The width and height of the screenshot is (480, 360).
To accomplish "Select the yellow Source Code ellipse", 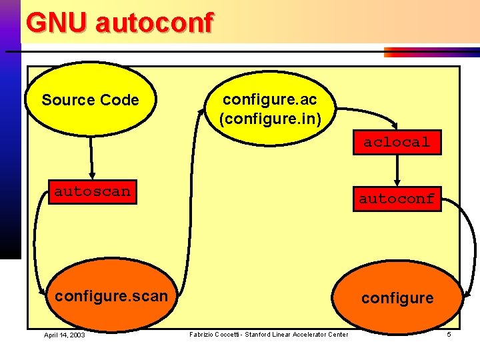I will tap(90, 100).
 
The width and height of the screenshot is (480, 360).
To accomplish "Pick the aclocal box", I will tap(397, 142).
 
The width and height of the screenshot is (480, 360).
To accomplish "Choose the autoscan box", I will tap(92, 192).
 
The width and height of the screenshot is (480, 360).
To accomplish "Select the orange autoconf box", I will tap(396, 198).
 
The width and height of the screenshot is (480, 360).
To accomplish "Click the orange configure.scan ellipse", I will tap(111, 296).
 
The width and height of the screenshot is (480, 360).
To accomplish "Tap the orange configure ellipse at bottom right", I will tap(397, 298).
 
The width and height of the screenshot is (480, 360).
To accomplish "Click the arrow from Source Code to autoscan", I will tap(91, 157).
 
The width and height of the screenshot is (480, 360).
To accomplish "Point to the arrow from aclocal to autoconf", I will tap(397, 170).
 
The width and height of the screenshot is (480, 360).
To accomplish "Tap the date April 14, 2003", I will tap(65, 335).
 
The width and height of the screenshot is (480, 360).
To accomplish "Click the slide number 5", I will tap(449, 334).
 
